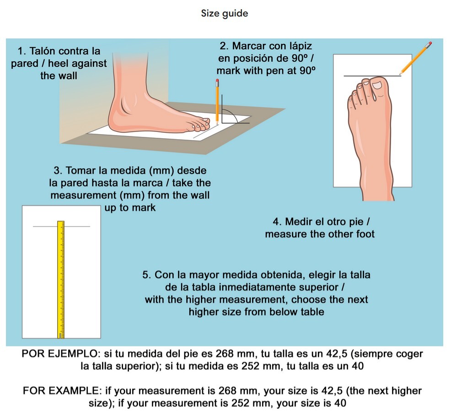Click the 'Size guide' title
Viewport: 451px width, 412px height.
[x=225, y=13]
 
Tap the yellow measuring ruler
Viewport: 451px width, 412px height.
[x=60, y=279]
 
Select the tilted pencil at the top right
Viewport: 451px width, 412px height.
[x=416, y=58]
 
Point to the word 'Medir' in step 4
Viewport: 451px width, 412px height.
[x=299, y=222]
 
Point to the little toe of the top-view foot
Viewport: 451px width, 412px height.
[x=351, y=98]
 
